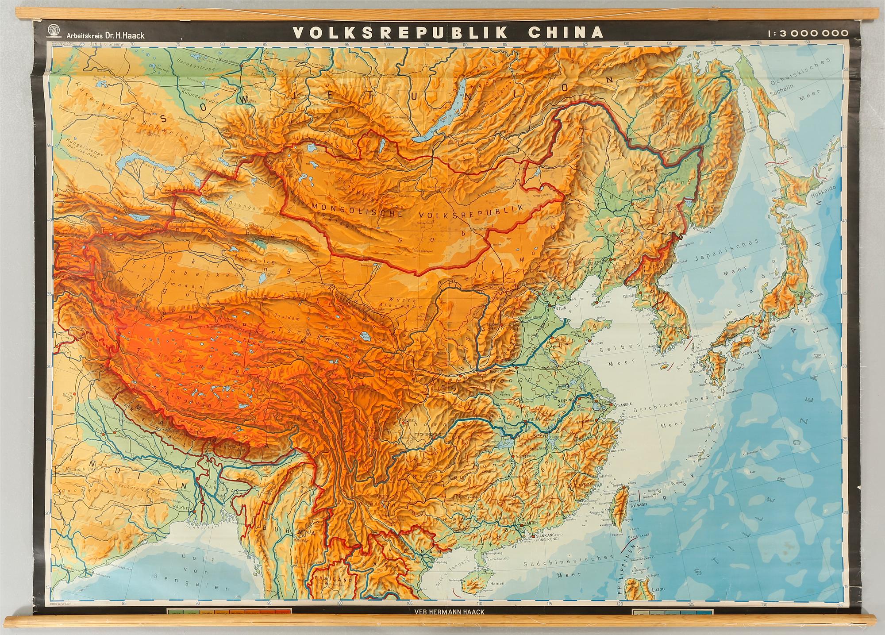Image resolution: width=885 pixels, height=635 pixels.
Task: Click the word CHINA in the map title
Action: (566, 32)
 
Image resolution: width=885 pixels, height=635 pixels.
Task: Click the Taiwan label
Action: (639, 504)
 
